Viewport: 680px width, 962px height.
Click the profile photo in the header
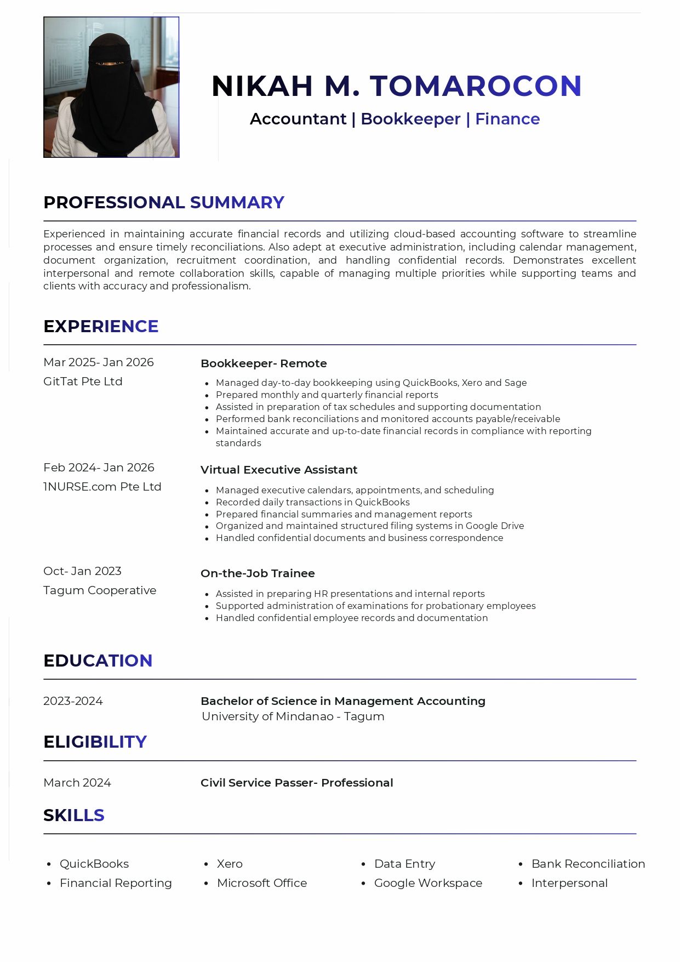pos(111,87)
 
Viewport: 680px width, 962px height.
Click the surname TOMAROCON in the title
pos(476,86)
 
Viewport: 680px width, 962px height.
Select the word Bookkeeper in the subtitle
pos(410,119)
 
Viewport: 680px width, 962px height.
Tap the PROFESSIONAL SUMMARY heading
pos(164,202)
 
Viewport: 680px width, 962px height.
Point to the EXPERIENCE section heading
pos(101,326)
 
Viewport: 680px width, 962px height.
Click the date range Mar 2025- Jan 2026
pos(99,362)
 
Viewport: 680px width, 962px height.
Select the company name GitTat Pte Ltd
pos(83,382)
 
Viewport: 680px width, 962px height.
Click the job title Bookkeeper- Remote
pos(264,363)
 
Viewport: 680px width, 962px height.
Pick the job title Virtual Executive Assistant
pos(279,470)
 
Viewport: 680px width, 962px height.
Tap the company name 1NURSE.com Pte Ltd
pos(102,487)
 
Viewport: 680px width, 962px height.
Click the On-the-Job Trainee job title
pos(258,573)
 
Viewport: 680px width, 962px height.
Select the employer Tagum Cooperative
pos(100,590)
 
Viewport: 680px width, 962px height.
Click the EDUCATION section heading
pos(98,661)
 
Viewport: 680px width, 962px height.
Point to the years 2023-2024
pos(73,701)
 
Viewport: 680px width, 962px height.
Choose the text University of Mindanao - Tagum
pos(293,716)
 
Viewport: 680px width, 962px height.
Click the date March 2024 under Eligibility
pos(77,783)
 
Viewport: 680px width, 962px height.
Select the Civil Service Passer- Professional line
pos(297,783)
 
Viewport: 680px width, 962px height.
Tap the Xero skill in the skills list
pos(230,864)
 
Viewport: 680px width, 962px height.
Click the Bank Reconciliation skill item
pos(588,864)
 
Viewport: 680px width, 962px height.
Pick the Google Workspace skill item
pos(428,883)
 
